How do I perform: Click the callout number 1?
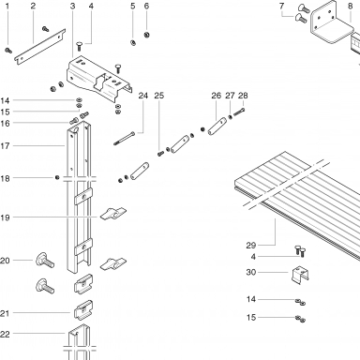point(7,6)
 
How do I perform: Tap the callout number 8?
point(350,6)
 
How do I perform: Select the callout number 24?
point(142,96)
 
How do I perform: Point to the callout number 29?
point(250,246)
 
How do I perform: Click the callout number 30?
point(251,272)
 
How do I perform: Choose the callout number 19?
point(5,217)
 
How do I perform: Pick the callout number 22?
point(5,334)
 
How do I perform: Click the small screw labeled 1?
point(8,50)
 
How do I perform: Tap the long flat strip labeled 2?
point(40,47)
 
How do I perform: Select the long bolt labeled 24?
point(125,138)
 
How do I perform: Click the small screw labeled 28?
point(239,112)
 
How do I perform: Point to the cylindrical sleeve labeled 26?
point(217,126)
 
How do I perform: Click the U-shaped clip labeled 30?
point(301,275)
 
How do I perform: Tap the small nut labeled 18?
point(57,177)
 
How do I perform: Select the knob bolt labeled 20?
point(45,261)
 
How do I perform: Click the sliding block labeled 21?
point(83,309)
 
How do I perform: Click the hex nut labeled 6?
point(146,35)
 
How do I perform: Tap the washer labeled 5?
point(132,42)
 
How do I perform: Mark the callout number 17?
point(5,146)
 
